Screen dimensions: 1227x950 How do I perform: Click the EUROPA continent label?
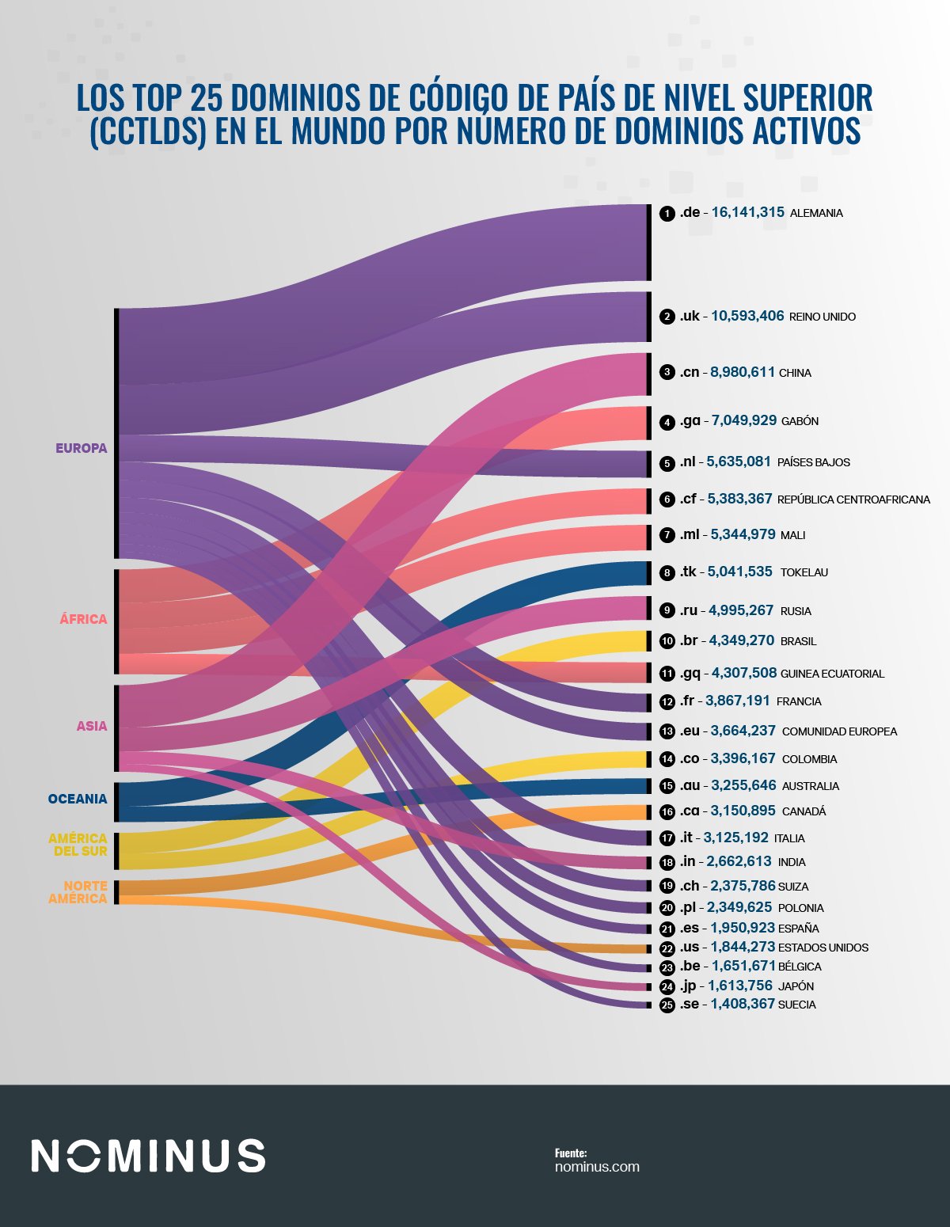pos(81,448)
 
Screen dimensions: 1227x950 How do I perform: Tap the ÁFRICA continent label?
pos(83,619)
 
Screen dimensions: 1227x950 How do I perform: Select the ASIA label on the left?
pos(92,726)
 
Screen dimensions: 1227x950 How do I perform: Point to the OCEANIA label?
pos(78,799)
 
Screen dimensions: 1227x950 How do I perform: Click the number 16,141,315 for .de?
pos(747,212)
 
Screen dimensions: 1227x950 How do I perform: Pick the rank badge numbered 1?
pos(667,213)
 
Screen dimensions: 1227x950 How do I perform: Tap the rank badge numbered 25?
pos(667,1005)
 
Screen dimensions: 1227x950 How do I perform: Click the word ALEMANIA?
pos(816,213)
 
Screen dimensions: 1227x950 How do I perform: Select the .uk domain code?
pos(690,316)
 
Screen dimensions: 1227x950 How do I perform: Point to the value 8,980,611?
pos(743,372)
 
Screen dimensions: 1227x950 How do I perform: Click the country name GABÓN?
pos(800,421)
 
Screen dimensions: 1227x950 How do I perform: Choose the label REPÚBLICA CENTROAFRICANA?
pos(853,500)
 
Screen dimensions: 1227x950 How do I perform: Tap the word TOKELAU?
pos(804,572)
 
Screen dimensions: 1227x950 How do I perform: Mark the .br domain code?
pos(690,640)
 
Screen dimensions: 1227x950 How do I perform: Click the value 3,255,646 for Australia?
pos(743,785)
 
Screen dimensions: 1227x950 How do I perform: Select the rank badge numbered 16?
pos(667,811)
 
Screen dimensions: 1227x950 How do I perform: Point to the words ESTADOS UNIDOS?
pos(823,948)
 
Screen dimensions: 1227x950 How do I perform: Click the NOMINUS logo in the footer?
pos(148,1156)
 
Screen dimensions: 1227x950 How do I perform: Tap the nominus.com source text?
pos(597,1167)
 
